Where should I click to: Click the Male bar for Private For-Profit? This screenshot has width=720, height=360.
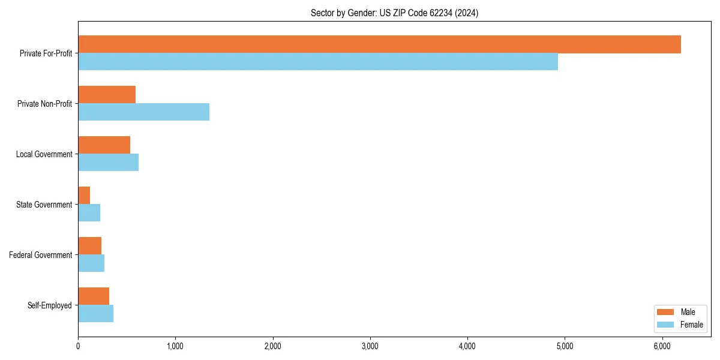(379, 44)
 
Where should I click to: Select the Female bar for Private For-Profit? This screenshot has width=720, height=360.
(318, 62)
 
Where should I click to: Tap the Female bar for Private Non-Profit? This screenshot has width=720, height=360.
(143, 112)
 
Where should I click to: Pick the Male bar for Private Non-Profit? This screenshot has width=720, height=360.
(107, 95)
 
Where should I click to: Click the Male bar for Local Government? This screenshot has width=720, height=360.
(104, 145)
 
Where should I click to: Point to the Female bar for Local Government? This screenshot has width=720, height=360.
(108, 163)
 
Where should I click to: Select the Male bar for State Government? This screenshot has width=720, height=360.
(84, 196)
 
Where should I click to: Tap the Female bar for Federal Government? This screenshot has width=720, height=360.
(91, 263)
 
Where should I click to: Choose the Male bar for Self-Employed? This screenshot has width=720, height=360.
(94, 296)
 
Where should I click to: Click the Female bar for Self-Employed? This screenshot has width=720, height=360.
(95, 314)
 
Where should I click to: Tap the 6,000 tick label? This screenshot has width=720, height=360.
(662, 346)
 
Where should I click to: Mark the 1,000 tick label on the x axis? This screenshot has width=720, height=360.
(175, 346)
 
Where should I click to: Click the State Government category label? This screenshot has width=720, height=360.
(44, 205)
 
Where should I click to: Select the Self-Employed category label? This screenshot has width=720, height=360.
(49, 305)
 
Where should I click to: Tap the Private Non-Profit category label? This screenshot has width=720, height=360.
(44, 104)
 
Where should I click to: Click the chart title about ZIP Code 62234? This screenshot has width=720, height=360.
(394, 13)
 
